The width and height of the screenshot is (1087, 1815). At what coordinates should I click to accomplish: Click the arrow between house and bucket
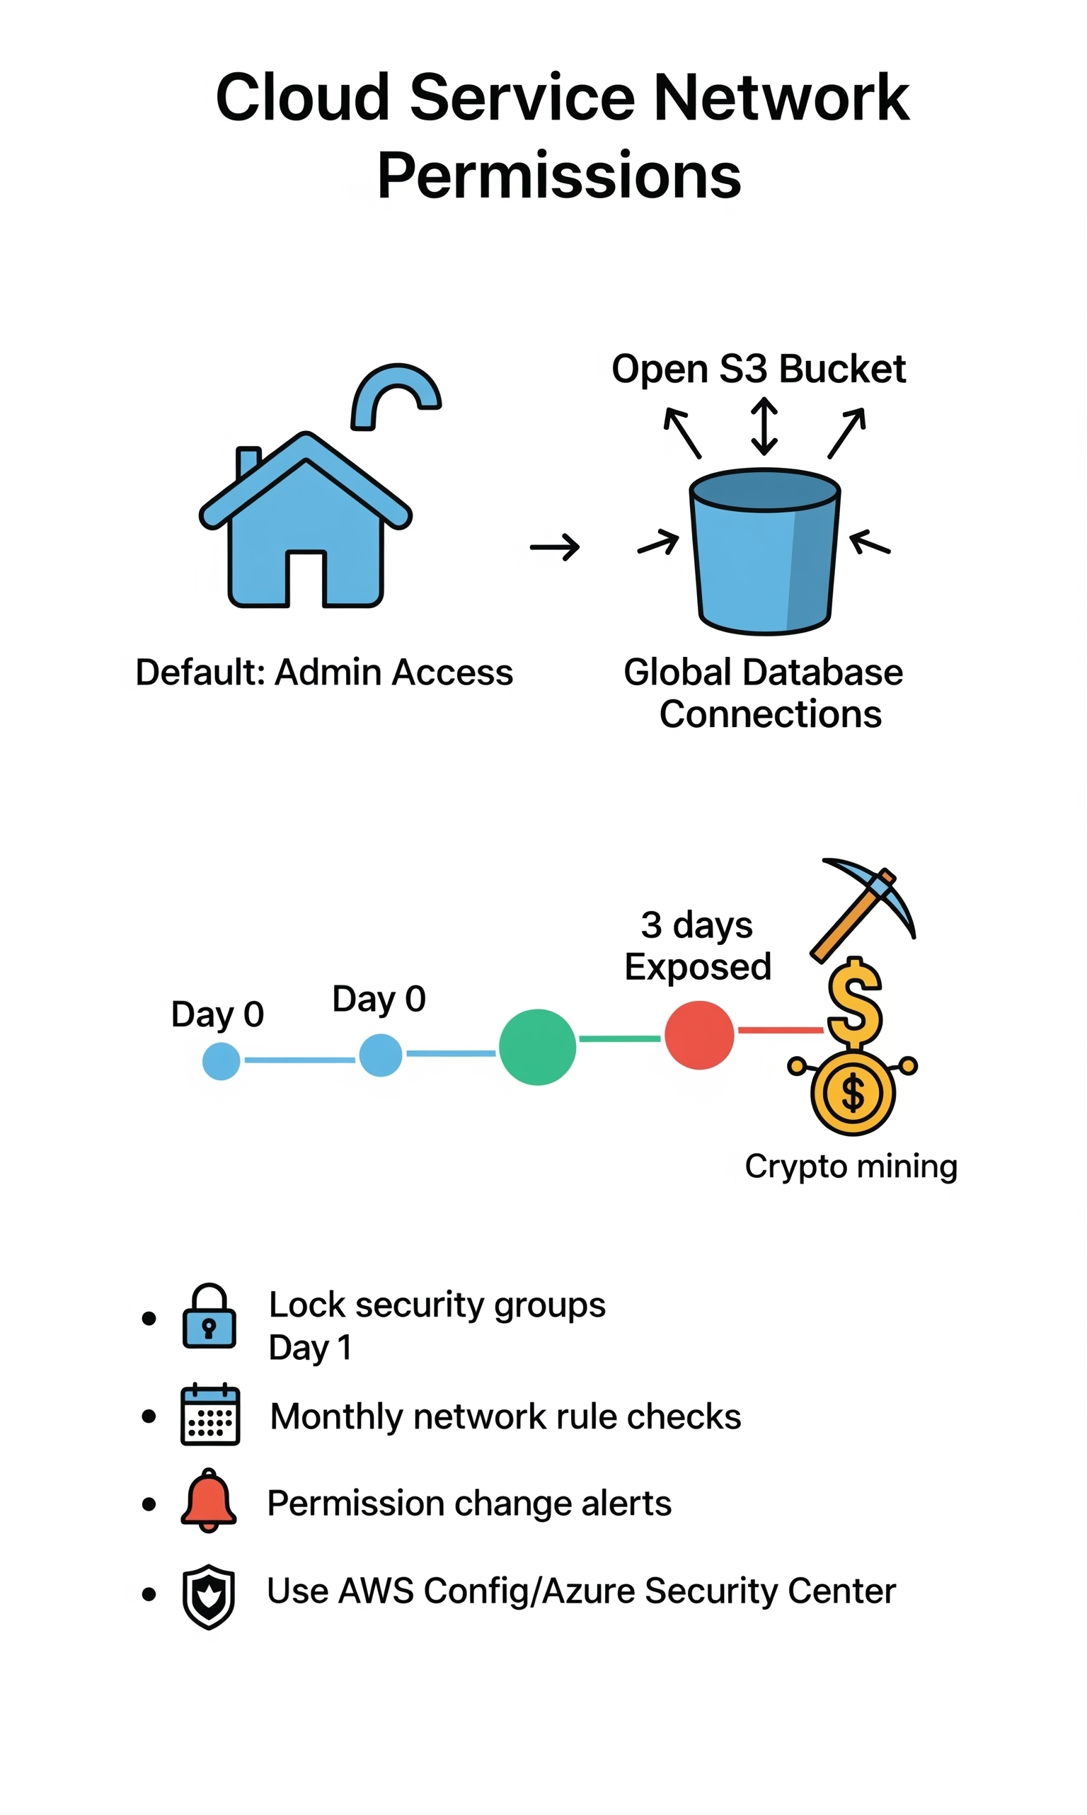pos(555,546)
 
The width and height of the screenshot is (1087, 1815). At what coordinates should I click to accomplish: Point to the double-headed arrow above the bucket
pos(764,425)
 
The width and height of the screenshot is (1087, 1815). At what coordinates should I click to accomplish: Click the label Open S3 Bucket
pos(758,368)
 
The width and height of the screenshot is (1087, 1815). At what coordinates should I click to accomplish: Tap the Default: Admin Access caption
pos(323,672)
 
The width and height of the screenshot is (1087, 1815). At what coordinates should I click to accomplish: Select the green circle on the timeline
pos(537,1047)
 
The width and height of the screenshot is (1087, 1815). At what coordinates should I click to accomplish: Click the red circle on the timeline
pos(698,1035)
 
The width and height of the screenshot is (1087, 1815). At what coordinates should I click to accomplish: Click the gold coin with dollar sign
pos(853,1093)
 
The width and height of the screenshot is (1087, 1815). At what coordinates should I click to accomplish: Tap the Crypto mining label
pos(851,1166)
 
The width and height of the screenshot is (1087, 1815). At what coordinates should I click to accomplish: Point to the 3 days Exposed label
pos(697,946)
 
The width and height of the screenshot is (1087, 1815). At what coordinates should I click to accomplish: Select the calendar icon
pos(210,1414)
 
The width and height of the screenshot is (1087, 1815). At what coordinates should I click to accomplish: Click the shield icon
pos(209,1597)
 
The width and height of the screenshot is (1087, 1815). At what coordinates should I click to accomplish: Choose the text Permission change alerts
pos(468,1503)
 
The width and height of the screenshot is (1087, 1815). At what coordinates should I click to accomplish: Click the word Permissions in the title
pos(559,176)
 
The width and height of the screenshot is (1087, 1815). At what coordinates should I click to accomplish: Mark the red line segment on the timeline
pos(779,1030)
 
